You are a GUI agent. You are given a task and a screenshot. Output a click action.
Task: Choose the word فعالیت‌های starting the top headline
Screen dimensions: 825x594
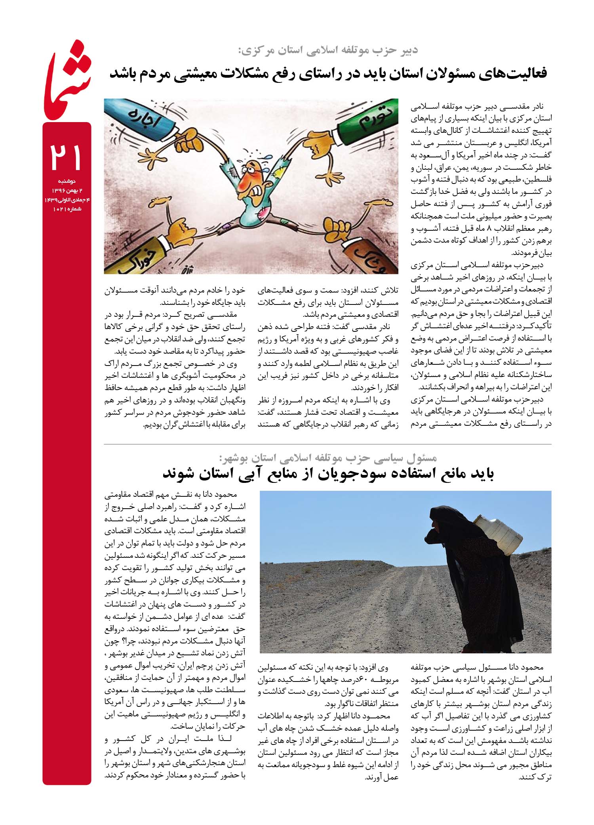pyautogui.click(x=516, y=74)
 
